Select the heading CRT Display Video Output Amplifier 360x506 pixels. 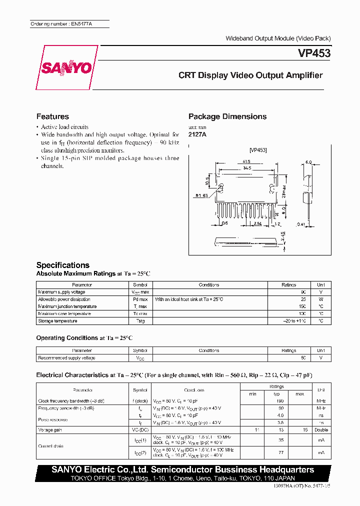click(x=250, y=75)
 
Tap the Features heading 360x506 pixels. click(x=52, y=116)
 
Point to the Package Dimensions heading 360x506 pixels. click(x=227, y=116)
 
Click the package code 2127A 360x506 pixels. click(x=197, y=134)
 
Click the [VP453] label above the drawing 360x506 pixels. click(x=258, y=150)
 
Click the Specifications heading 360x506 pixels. click(x=63, y=265)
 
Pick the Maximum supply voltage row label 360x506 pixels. click(x=62, y=292)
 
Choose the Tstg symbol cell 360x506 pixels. click(x=140, y=321)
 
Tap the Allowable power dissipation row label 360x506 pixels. click(x=64, y=299)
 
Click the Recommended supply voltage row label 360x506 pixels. click(x=66, y=358)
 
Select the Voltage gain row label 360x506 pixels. click(x=50, y=430)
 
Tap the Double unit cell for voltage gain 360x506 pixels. click(x=320, y=430)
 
